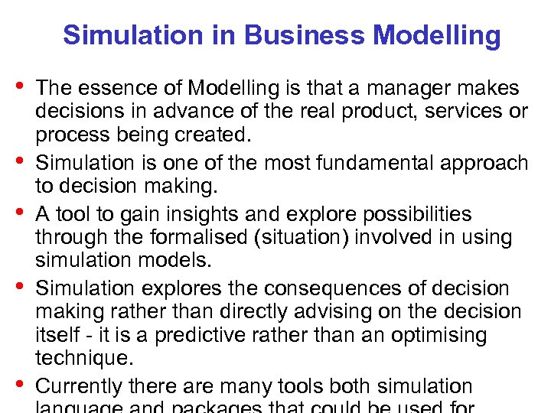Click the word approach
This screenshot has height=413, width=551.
(x=485, y=163)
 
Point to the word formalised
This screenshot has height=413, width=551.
(x=197, y=238)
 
